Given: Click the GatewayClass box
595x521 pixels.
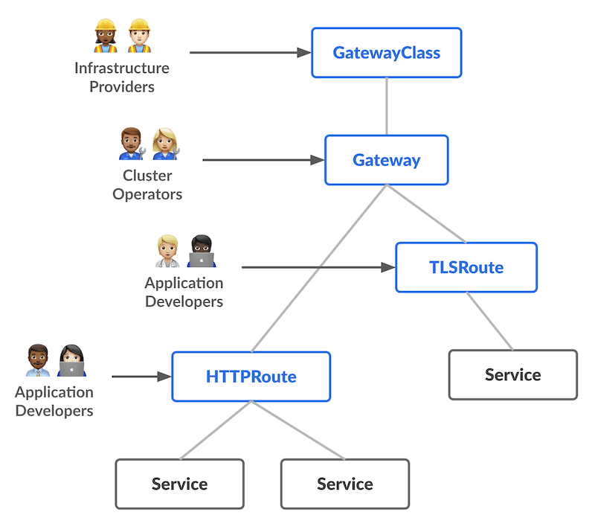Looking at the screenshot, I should point(386,53).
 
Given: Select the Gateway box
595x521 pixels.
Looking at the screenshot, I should point(386,160).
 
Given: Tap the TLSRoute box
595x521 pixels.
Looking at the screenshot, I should point(466,267).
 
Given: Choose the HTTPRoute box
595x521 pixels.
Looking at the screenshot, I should point(251,377).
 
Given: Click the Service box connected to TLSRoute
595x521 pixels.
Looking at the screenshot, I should point(512,374).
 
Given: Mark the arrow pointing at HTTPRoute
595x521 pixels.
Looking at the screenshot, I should point(141,377).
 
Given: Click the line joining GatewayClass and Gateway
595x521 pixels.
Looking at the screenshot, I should point(386,106).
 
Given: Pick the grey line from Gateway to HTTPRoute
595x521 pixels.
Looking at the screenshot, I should point(320,268).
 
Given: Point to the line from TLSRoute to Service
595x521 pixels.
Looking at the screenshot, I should point(489,321).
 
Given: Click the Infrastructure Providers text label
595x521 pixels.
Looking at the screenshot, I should point(122,77).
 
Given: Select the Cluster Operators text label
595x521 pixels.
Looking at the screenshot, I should point(147,185).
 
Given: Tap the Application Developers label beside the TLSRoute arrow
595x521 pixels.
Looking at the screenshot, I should point(184,292).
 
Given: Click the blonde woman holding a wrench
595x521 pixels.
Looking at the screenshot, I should point(165,143).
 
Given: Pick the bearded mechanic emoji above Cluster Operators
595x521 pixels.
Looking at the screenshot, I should point(132,143).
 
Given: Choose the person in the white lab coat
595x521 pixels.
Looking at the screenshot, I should point(167,252).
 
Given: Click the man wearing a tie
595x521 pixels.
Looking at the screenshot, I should point(38,360).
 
